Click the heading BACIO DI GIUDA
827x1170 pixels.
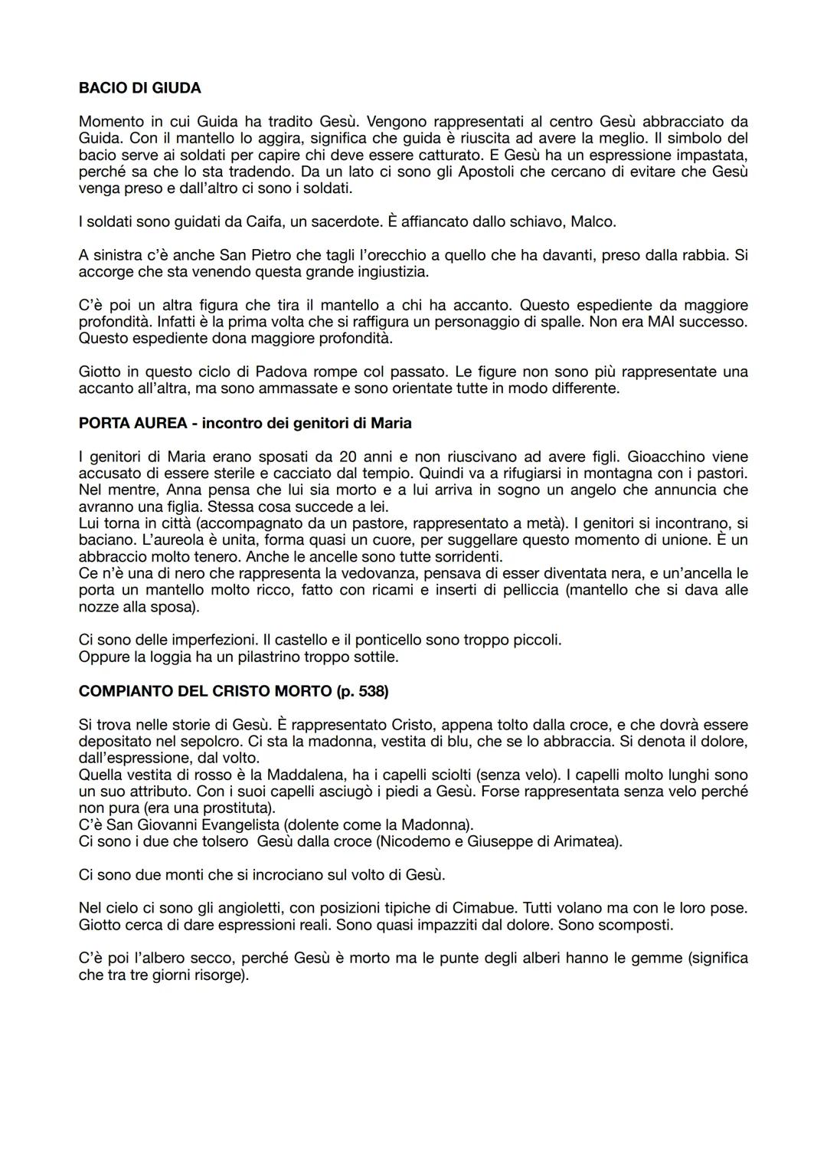click(x=139, y=88)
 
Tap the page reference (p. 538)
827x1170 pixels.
click(x=362, y=691)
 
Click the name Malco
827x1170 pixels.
click(x=593, y=222)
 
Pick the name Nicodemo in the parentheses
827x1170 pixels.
click(x=392, y=841)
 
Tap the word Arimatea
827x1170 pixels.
click(x=587, y=841)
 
